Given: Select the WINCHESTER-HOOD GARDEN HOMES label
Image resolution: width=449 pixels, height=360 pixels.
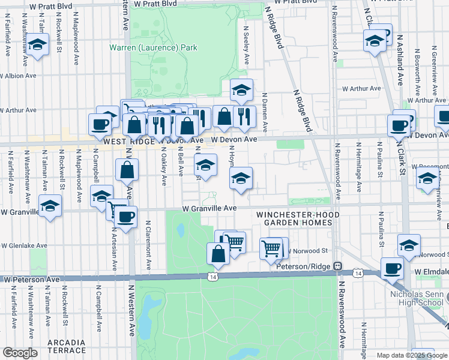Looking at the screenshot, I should [294, 218].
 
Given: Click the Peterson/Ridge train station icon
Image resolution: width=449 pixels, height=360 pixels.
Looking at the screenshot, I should [338, 266].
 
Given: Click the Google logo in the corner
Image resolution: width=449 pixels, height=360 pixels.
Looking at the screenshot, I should [19, 353].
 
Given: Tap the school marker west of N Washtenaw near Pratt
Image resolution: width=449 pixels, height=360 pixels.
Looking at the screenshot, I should [38, 44].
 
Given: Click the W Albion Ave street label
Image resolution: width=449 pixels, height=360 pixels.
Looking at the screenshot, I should [18, 76].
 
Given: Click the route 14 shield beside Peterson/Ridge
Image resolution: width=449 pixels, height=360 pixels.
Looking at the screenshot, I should [358, 273].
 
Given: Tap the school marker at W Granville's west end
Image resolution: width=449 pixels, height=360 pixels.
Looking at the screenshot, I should [50, 206].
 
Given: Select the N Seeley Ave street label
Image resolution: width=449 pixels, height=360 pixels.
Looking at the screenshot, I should [246, 45].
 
